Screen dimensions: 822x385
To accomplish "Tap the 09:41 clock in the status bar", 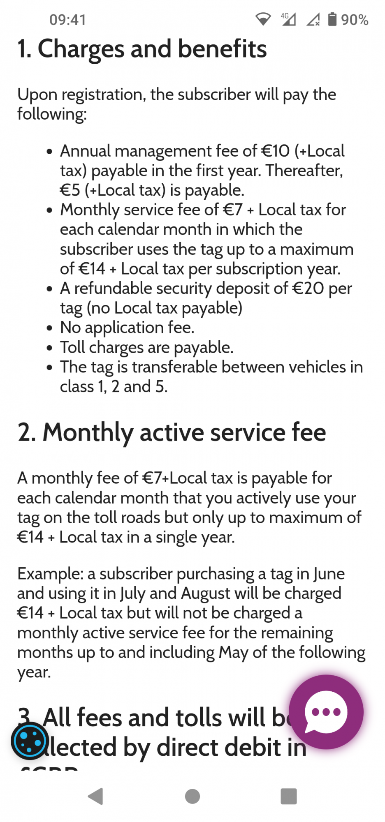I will tap(67, 20).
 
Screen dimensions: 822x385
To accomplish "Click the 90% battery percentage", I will tap(355, 20).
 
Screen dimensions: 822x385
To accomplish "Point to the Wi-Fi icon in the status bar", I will tap(263, 19).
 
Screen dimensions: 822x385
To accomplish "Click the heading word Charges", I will tap(81, 49).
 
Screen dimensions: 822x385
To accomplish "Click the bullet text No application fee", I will tap(127, 328).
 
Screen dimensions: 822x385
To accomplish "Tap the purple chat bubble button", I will tap(326, 712).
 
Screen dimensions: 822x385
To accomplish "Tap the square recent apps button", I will tap(288, 796).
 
